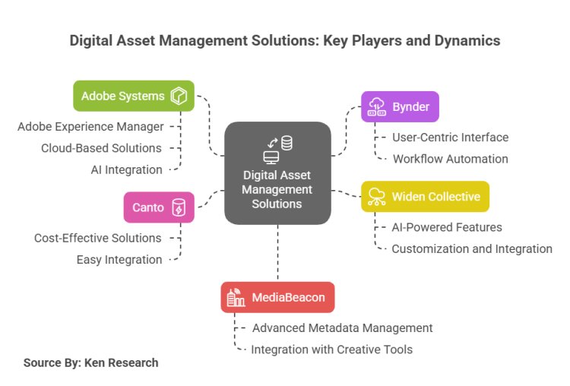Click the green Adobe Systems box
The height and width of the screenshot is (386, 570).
click(x=134, y=96)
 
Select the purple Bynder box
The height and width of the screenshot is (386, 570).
click(x=400, y=106)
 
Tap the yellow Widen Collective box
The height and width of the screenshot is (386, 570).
click(x=425, y=197)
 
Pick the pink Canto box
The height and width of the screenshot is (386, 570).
click(x=159, y=207)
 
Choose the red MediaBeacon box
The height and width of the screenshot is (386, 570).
click(x=277, y=297)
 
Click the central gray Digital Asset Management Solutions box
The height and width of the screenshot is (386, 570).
click(x=277, y=173)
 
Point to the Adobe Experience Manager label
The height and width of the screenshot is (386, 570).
click(x=90, y=126)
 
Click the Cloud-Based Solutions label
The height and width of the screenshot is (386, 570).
click(x=101, y=148)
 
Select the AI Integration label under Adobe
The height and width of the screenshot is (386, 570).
click(x=126, y=169)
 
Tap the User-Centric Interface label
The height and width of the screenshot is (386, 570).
click(x=451, y=138)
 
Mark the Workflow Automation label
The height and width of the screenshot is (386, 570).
click(x=451, y=159)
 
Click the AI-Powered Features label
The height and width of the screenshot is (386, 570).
click(x=447, y=227)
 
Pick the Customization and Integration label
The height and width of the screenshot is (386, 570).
click(x=472, y=249)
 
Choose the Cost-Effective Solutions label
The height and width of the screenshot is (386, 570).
click(x=97, y=238)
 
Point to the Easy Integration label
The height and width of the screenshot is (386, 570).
click(x=119, y=260)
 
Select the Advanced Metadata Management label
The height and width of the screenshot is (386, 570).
click(x=343, y=327)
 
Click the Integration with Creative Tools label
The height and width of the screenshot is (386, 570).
click(x=332, y=350)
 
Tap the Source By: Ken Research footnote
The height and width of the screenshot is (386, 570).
click(x=91, y=362)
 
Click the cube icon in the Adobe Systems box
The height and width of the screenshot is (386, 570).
click(x=179, y=96)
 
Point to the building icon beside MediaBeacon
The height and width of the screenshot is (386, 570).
click(x=236, y=297)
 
